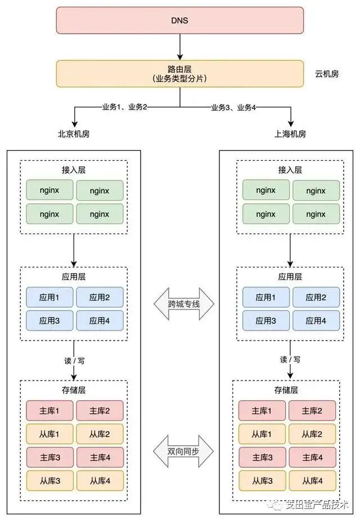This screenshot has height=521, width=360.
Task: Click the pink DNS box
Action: click(180, 20)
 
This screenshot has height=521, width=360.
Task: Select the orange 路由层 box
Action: click(180, 74)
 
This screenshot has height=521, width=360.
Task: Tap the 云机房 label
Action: click(327, 74)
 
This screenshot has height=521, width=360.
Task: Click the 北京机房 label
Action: click(74, 134)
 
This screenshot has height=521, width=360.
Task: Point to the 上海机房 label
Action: click(290, 134)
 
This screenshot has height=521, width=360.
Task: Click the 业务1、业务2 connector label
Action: click(125, 107)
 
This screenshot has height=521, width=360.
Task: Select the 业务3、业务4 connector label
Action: click(233, 107)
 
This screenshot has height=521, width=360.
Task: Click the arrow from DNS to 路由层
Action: click(180, 47)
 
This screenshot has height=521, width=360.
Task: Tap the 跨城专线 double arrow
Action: click(184, 303)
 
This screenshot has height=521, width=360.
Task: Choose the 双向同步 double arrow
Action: click(183, 451)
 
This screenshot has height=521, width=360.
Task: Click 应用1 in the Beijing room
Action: click(49, 297)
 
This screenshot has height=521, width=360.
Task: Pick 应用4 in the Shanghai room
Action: click(316, 321)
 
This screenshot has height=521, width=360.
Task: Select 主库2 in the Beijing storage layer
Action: click(100, 411)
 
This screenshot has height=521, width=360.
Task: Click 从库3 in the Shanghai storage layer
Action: click(262, 481)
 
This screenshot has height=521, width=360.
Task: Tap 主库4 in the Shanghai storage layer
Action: click(312, 457)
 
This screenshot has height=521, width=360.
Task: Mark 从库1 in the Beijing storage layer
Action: click(49, 434)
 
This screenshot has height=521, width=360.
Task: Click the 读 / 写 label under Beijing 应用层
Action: click(74, 361)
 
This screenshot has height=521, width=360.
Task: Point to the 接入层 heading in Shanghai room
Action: click(290, 170)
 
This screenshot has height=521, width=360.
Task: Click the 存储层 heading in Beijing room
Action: click(74, 389)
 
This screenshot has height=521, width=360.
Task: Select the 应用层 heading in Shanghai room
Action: click(290, 277)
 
